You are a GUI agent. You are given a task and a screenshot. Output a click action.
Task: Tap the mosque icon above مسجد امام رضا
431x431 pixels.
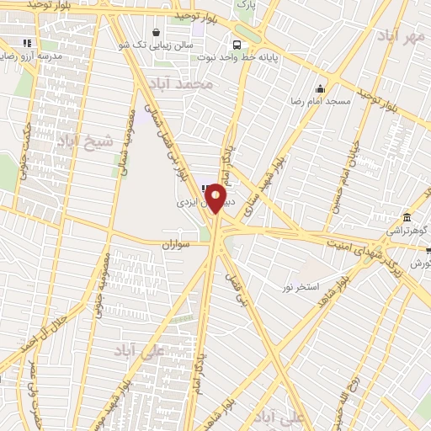point(320,89)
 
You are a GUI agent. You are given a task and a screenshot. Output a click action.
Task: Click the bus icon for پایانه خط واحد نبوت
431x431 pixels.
point(237,44)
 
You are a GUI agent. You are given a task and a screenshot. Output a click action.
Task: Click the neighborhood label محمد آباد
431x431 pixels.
point(180,85)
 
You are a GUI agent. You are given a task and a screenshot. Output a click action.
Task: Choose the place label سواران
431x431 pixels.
point(178,243)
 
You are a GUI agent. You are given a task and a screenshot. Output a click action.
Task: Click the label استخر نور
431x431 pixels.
point(301,287)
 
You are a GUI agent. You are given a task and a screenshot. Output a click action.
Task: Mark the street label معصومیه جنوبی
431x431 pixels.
point(99,286)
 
